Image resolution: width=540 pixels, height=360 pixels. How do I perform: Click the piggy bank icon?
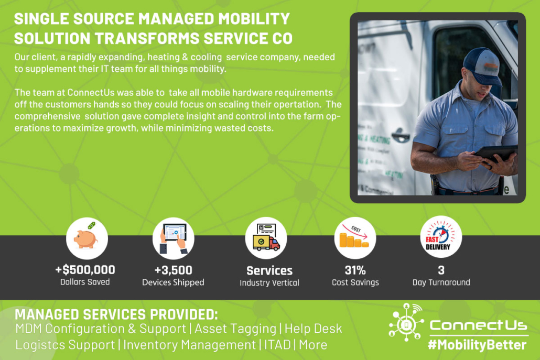[x=87, y=238]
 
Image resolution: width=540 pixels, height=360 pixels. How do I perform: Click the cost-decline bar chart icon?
[x=355, y=238]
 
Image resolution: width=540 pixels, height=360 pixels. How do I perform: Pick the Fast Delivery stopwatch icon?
[x=441, y=237]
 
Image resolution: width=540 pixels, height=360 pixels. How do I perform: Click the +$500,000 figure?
[x=85, y=270]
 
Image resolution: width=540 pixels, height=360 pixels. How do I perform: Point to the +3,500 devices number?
[x=173, y=270]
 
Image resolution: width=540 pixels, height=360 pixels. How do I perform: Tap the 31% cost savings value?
[x=355, y=270]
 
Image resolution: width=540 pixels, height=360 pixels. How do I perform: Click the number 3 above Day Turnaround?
[x=441, y=270]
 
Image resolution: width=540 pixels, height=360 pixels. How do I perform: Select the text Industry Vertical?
[x=269, y=283]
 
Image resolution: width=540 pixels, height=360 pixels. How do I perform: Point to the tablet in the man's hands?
[x=495, y=154]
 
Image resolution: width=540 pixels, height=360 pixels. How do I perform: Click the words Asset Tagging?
[x=235, y=329]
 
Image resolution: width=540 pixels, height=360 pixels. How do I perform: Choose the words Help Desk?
[x=314, y=329]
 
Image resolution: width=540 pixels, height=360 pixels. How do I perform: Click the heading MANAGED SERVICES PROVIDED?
[x=116, y=314]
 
